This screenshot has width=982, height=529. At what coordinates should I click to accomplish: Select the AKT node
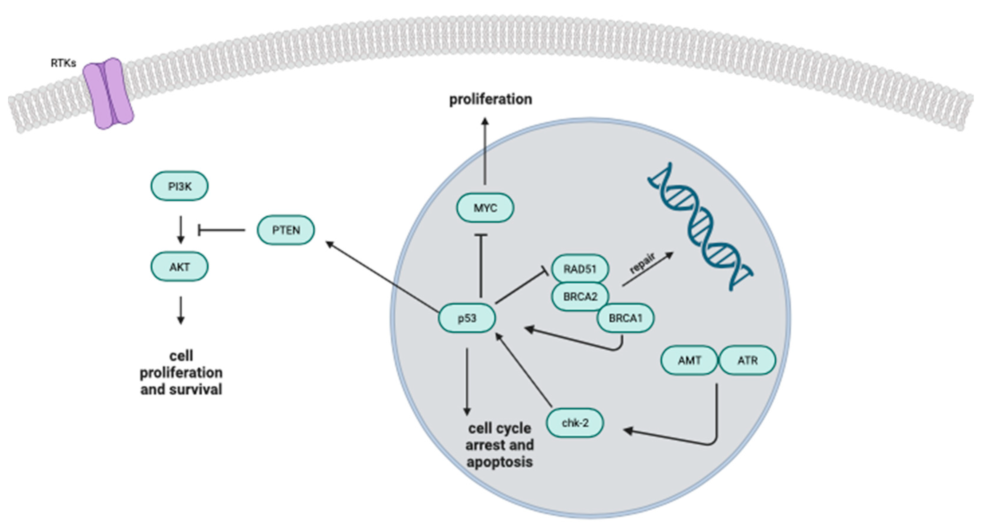[x=179, y=266]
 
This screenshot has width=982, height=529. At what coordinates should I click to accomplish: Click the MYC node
[x=485, y=208]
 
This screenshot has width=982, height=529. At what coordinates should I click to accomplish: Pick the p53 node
[x=467, y=318]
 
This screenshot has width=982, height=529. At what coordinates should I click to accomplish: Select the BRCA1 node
[x=625, y=318]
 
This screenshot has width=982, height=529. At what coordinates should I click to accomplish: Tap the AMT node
[x=689, y=360]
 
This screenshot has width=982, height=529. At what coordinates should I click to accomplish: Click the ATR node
[x=747, y=360]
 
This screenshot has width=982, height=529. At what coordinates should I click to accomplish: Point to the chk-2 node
[x=575, y=423]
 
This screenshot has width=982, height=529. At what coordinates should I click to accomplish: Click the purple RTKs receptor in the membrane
[x=109, y=93]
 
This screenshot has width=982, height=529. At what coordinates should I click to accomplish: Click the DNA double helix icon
[x=701, y=227]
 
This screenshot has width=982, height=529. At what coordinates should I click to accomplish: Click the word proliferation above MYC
[x=491, y=99]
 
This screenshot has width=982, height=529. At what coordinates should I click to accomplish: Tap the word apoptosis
[x=499, y=462]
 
